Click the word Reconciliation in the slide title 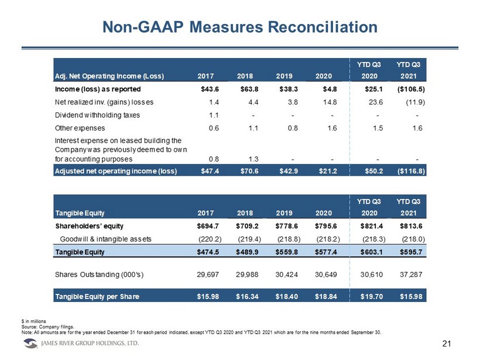pyautogui.click(x=323, y=27)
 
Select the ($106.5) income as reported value pyautogui.click(x=411, y=89)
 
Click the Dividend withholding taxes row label pyautogui.click(x=97, y=115)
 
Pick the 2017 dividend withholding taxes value pyautogui.click(x=214, y=115)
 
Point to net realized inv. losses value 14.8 pyautogui.click(x=330, y=102)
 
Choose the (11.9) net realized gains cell pyautogui.click(x=416, y=102)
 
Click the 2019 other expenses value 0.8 pyautogui.click(x=293, y=128)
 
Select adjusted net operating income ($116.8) pyautogui.click(x=411, y=171)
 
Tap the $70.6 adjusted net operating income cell pyautogui.click(x=249, y=171)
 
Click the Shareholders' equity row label pyautogui.click(x=90, y=226)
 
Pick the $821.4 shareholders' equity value pyautogui.click(x=371, y=226)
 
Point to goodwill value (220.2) pyautogui.click(x=210, y=239)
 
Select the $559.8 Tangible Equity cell pyautogui.click(x=286, y=252)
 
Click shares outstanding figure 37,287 pyautogui.click(x=411, y=275)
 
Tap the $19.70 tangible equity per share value pyautogui.click(x=371, y=296)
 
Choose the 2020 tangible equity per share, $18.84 pyautogui.click(x=326, y=296)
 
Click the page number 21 pyautogui.click(x=447, y=344)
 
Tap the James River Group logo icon pyautogui.click(x=30, y=344)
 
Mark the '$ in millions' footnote pyautogui.click(x=34, y=321)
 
